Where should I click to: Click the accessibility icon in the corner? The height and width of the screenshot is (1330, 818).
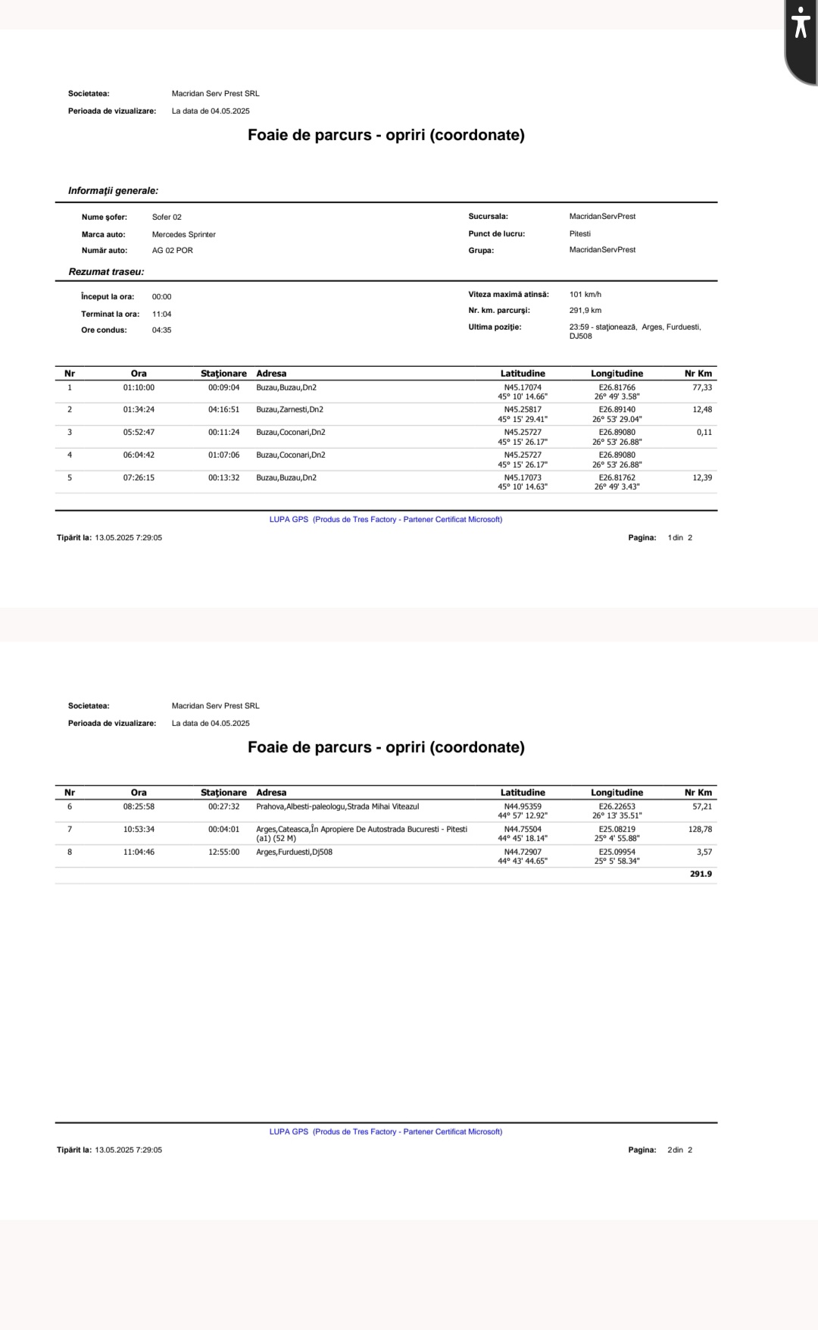coord(801,23)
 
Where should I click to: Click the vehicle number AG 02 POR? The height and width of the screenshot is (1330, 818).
coord(173,250)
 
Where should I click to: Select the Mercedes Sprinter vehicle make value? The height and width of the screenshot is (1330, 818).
coord(184,234)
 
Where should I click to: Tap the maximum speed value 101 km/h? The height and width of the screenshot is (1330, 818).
coord(585,294)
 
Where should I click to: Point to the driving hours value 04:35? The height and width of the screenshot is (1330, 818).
coord(161,330)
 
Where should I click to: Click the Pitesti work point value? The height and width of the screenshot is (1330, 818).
coord(580,233)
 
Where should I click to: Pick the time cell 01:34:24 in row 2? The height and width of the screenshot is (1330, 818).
coord(139,409)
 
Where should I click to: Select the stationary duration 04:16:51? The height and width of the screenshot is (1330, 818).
coord(223,409)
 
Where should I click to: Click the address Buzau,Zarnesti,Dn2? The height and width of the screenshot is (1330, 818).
coord(289,409)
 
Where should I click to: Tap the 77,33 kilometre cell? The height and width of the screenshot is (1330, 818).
coord(702,387)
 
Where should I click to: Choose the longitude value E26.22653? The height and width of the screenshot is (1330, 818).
coord(617,806)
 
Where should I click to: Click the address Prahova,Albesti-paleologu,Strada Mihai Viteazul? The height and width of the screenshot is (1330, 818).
coord(337,806)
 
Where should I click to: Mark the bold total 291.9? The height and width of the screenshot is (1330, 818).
coord(701,874)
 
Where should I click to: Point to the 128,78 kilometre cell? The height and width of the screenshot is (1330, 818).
coord(700,829)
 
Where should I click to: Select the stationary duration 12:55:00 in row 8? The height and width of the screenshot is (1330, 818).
coord(223,852)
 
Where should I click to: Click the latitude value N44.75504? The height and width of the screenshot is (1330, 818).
coord(523,829)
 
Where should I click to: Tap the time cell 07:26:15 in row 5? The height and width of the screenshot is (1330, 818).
coord(139,477)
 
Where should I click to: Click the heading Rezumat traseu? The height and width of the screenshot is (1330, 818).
coord(106,271)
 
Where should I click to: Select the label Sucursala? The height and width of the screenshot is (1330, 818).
coord(489,216)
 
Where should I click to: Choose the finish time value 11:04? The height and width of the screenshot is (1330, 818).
coord(161,314)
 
